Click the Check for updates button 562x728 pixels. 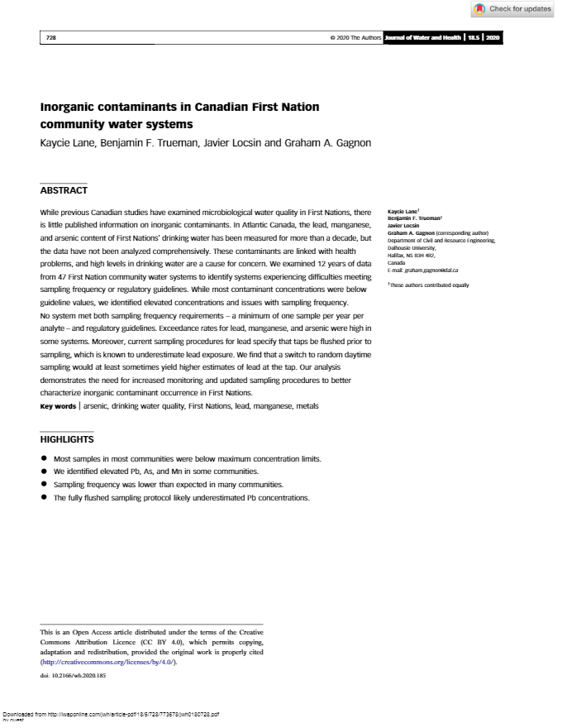[513, 9]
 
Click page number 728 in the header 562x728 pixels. [50, 38]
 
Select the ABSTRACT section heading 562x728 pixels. [64, 190]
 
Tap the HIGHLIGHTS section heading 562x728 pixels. [67, 439]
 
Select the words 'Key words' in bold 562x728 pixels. [58, 406]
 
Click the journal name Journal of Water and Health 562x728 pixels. [421, 38]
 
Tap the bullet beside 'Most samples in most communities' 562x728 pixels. [44, 458]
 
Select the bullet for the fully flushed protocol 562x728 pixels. [44, 498]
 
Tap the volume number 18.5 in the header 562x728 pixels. [474, 38]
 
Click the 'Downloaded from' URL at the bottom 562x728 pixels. [112, 714]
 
